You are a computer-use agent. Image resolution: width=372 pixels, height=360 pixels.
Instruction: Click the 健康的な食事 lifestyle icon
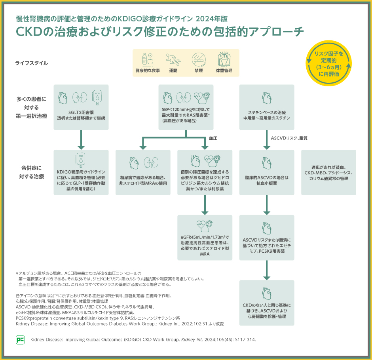147,59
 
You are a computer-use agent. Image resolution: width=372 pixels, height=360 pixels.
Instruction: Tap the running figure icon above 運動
173,59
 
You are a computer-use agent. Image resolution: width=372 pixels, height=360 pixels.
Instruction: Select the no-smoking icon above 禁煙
198,59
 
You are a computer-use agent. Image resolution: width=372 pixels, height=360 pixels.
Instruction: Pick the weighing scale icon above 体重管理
224,59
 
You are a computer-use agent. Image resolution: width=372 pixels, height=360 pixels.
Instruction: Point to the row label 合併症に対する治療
31,172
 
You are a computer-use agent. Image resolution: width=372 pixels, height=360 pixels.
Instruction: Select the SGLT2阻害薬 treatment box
81,107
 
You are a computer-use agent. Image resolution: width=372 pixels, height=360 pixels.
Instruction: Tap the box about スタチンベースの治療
267,107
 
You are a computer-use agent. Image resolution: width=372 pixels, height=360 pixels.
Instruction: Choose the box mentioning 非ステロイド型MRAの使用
143,172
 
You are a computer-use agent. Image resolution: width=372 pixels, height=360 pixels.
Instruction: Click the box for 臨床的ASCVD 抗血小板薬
267,172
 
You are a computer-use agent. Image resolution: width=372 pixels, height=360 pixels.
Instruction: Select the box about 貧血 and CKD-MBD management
328,172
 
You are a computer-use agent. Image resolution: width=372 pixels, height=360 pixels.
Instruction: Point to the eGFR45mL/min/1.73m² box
205,238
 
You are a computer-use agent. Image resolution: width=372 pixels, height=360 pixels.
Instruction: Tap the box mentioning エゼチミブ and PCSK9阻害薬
267,238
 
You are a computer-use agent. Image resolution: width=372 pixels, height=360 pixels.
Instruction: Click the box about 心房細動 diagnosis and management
267,303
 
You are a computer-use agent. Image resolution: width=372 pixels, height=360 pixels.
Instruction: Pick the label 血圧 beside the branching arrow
213,138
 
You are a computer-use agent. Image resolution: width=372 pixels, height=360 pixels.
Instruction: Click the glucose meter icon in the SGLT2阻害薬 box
97,97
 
